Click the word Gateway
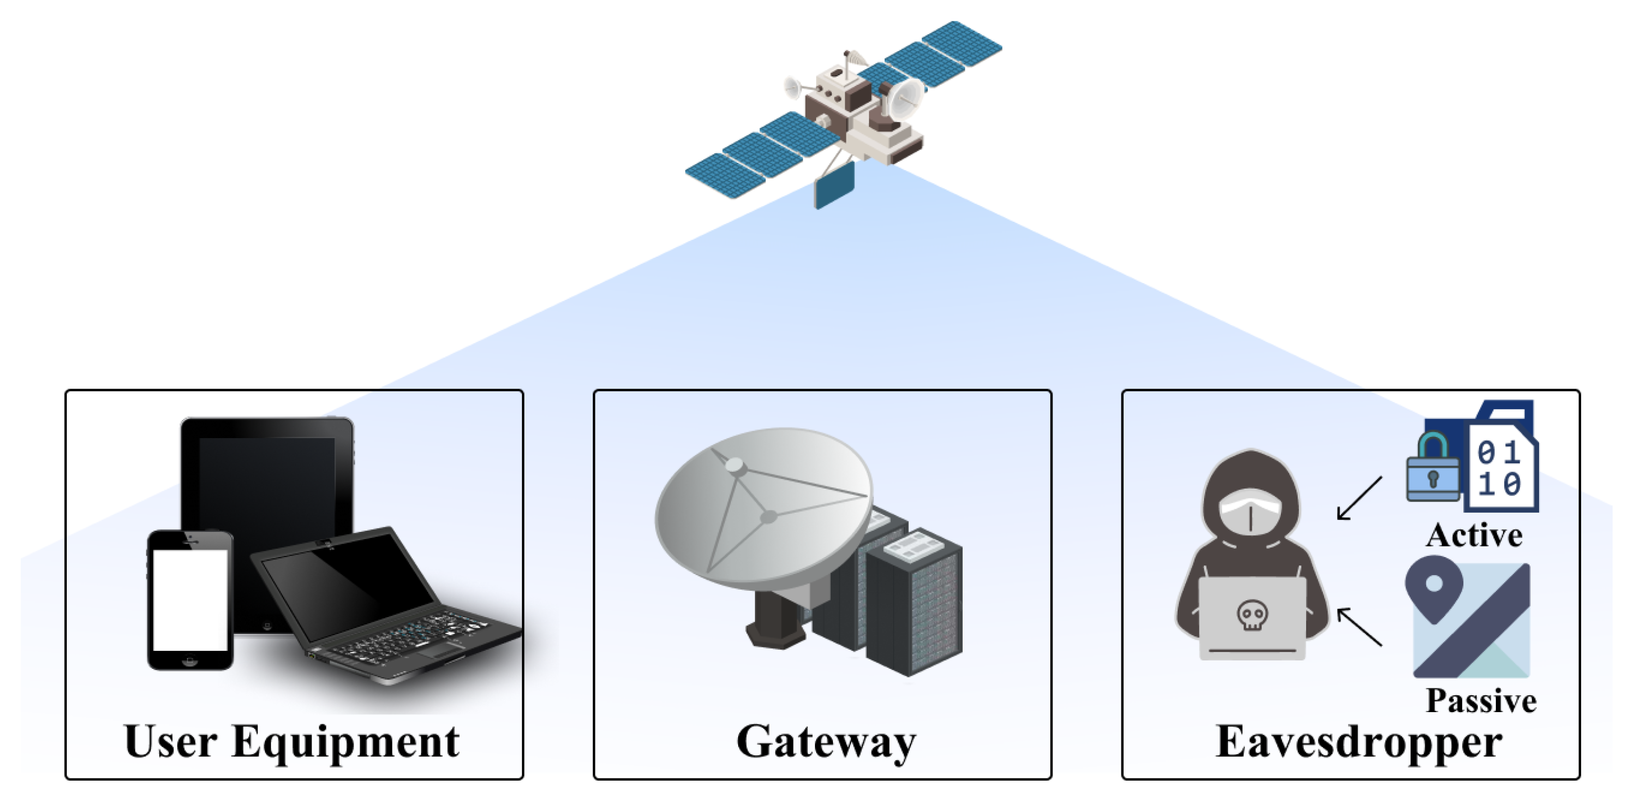click(826, 742)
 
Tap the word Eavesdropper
click(1358, 742)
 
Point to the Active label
click(1474, 535)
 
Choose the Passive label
click(1481, 701)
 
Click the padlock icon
click(1432, 468)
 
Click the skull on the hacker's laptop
click(1252, 614)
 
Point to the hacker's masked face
click(1251, 513)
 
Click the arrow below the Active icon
click(1359, 499)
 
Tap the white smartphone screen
click(190, 599)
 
